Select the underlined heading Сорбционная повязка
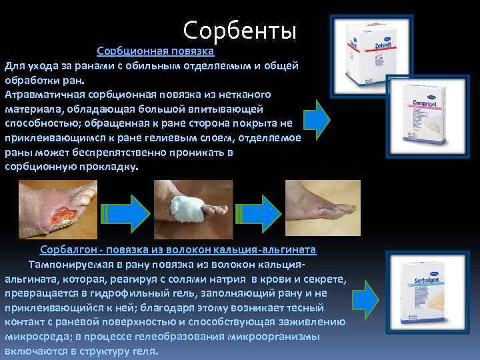(155, 51)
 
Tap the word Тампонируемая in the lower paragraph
(66, 264)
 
